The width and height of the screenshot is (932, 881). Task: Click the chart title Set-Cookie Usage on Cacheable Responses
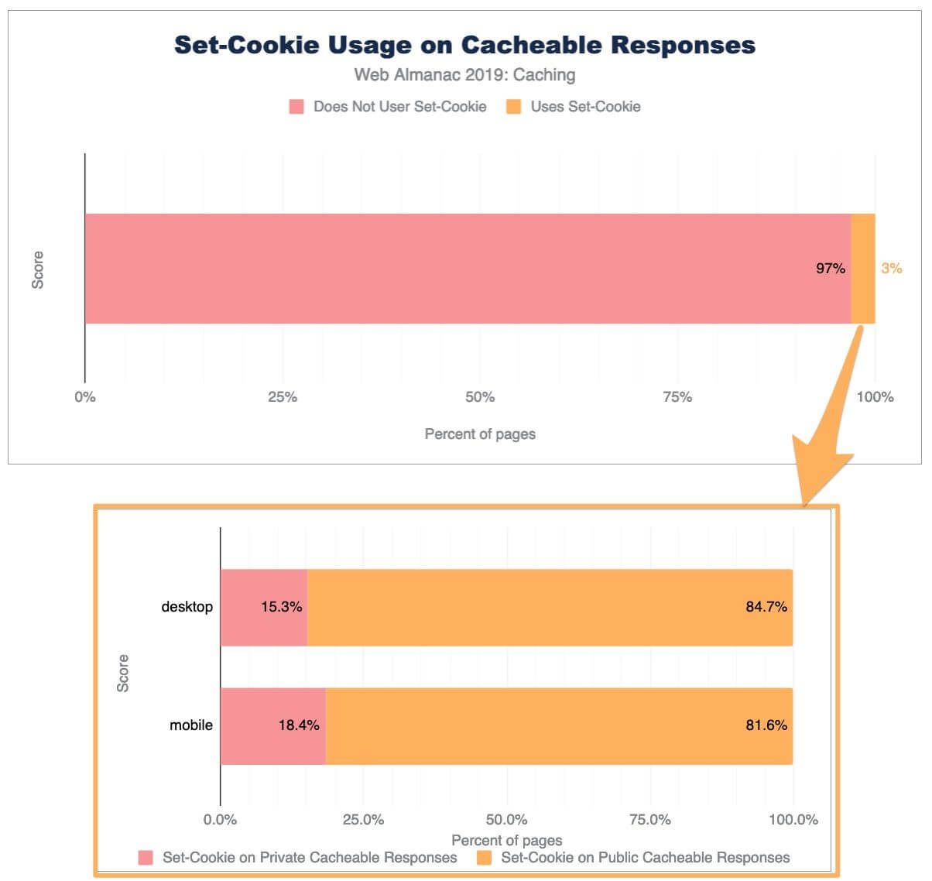coord(464,45)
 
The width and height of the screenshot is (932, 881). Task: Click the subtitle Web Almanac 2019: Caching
coord(464,75)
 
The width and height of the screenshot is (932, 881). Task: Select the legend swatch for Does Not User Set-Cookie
coord(296,107)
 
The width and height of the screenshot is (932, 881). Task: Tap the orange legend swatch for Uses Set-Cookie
coord(513,107)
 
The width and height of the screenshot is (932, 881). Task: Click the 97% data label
coord(831,269)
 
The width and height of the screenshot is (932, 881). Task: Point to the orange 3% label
coord(891,269)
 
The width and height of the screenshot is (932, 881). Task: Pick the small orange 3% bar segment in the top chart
coord(863,269)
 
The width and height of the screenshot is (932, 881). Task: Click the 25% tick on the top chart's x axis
coord(283,397)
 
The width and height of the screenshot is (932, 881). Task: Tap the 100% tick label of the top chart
coord(875,397)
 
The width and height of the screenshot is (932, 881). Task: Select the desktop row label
coord(187,607)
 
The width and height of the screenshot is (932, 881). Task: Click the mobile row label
coord(191,725)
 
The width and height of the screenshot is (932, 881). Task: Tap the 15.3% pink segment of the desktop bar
coord(264,607)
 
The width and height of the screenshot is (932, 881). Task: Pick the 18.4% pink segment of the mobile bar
coord(272,725)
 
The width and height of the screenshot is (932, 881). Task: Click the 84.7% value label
coord(766,607)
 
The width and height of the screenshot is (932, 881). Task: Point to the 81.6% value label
coord(766,725)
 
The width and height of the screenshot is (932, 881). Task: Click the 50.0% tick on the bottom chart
coord(507,820)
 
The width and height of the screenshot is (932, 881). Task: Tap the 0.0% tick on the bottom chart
coord(221,820)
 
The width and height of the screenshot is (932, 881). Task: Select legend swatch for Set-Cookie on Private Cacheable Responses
coord(146,858)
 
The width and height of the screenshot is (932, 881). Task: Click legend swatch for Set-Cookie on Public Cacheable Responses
coord(485,858)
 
